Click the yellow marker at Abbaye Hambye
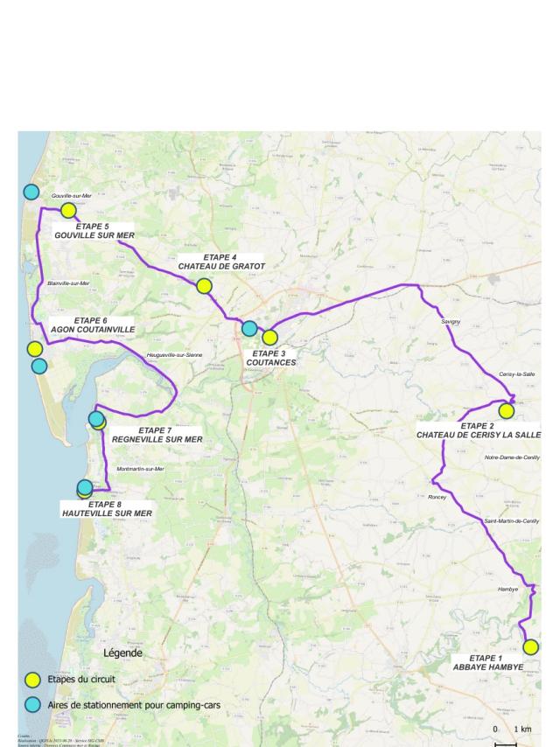click(x=530, y=647)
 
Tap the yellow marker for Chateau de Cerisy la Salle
click(x=506, y=411)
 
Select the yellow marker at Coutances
click(x=269, y=338)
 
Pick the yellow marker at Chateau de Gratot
click(x=204, y=286)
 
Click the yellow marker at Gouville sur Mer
click(x=68, y=210)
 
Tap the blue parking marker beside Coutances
click(x=249, y=329)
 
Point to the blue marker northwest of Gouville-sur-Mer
click(x=31, y=192)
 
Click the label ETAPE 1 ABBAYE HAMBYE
click(x=488, y=662)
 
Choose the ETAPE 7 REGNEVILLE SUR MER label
click(x=157, y=435)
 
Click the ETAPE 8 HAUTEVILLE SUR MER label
click(x=108, y=508)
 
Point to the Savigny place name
click(x=450, y=322)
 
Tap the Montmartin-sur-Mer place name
click(x=140, y=470)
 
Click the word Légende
click(x=122, y=653)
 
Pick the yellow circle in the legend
click(x=32, y=679)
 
